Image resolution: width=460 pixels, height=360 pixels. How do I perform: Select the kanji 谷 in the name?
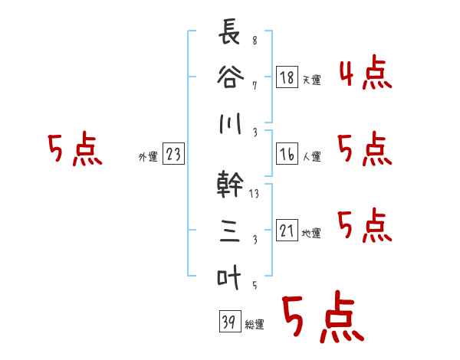(228, 78)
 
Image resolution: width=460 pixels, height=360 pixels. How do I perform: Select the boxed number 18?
(287, 77)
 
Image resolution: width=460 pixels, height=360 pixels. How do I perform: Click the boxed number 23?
(173, 155)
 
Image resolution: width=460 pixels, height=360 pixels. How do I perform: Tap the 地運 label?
(311, 234)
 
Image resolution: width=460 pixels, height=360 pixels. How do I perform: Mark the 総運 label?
(254, 324)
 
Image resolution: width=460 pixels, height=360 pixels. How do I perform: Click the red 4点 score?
(365, 73)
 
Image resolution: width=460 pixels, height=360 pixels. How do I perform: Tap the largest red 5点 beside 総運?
(322, 318)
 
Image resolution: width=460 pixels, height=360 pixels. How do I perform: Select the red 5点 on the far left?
(74, 149)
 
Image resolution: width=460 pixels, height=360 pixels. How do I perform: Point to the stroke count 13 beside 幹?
(255, 194)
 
